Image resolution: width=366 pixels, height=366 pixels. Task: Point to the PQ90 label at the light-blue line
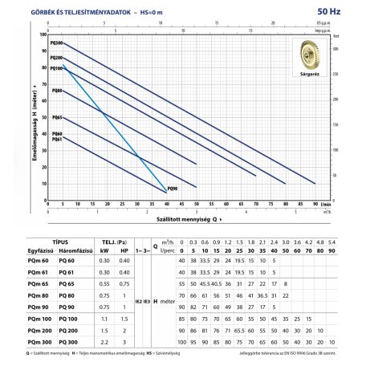[x=172, y=188]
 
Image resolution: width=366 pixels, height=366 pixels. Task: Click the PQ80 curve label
[x=56, y=91]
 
